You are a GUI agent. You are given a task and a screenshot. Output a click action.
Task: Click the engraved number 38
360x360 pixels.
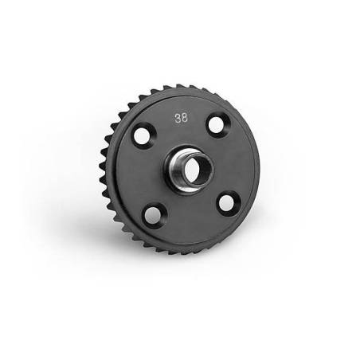point(182,118)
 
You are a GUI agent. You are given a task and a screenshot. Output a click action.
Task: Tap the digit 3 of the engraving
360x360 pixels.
point(178,118)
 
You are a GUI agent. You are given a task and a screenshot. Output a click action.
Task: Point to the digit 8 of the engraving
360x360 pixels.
point(185,118)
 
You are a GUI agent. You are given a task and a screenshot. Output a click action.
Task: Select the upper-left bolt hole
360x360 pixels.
point(142,135)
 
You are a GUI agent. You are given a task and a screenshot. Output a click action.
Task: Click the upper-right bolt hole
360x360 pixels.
point(216,125)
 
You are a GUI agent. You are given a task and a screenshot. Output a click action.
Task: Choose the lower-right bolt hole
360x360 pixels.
point(226,203)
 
